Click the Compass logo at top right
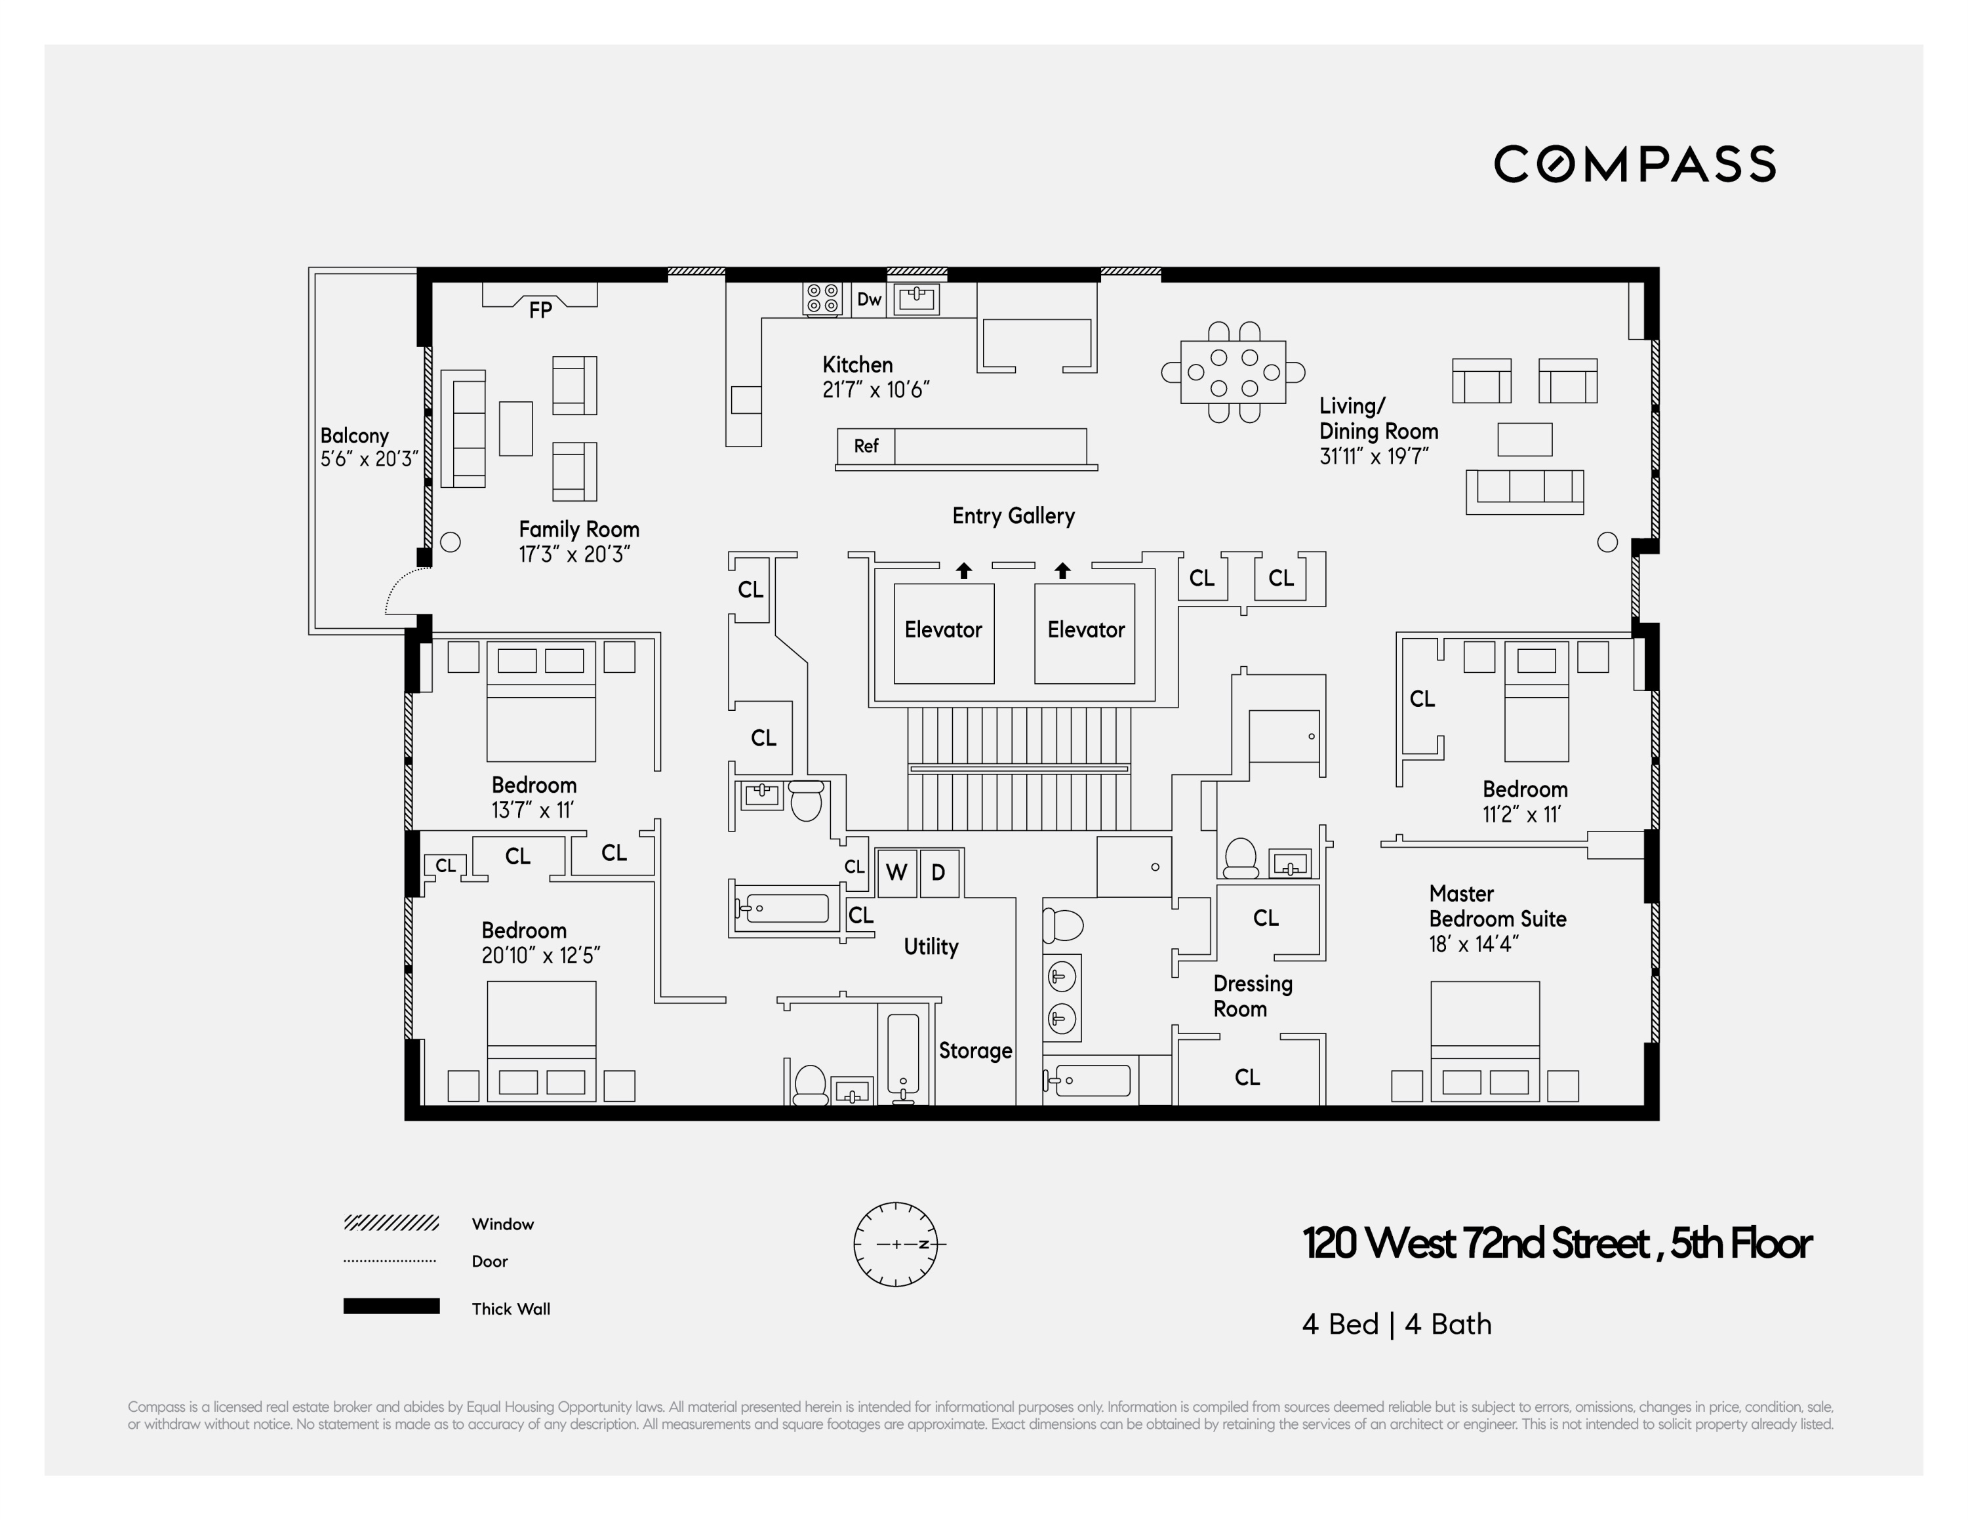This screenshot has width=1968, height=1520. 1635,164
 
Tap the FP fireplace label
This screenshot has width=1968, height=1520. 540,310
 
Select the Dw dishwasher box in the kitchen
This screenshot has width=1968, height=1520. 869,299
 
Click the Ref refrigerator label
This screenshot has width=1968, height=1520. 866,446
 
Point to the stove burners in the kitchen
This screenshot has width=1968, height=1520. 822,298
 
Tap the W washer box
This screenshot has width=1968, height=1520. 896,872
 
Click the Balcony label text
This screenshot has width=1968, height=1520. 354,436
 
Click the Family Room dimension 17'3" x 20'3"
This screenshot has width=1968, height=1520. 574,554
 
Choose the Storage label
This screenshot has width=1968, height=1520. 975,1050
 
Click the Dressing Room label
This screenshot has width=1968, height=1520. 1252,995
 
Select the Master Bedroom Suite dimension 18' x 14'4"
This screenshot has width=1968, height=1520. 1474,944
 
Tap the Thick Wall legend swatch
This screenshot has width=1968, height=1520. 391,1306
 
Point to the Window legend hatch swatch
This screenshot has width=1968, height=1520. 391,1223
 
